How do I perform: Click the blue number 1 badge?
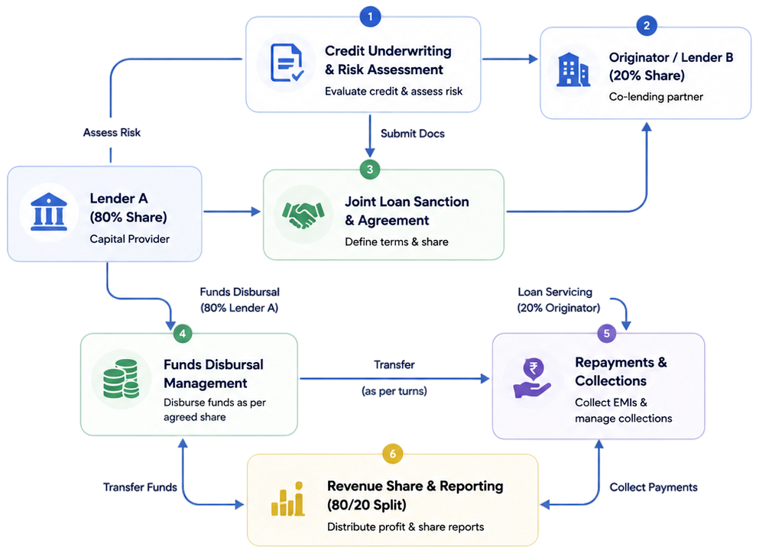point(370,17)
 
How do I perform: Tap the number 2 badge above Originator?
point(647,26)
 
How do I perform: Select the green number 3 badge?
point(370,170)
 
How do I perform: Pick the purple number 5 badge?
point(607,333)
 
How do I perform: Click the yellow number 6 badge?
point(393,454)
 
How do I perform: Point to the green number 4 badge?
point(183,333)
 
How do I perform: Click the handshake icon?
point(303,215)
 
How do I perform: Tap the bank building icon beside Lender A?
point(49,212)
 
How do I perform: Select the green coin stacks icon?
point(121,379)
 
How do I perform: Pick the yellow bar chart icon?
point(288,499)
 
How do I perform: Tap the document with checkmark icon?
point(287,63)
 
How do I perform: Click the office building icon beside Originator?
point(573,70)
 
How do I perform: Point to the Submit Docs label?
point(413,134)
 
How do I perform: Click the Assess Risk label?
point(112,133)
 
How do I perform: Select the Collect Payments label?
point(654,487)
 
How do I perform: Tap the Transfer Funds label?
point(140,487)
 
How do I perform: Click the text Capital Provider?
point(130,239)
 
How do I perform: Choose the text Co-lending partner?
point(656,97)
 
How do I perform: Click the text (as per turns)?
point(394,391)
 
